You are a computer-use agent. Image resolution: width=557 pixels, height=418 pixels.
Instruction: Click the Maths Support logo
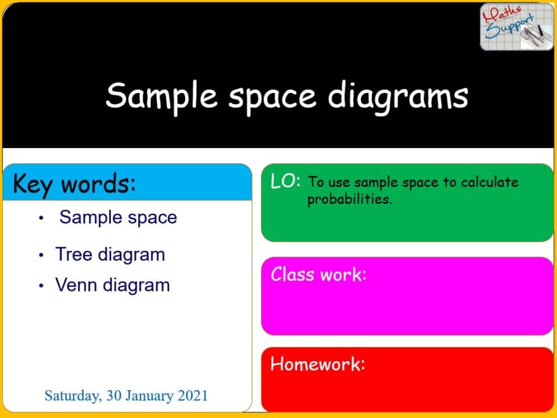(x=516, y=27)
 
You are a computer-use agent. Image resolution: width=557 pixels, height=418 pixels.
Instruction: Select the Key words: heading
(x=74, y=184)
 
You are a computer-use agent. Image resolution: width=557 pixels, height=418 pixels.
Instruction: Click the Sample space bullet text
(x=118, y=217)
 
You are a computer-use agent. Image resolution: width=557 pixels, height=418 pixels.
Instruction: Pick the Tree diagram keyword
(x=110, y=254)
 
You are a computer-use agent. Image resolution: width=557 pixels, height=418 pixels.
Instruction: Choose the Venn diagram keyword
(x=113, y=285)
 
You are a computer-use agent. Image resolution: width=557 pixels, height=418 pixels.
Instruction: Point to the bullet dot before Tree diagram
(x=41, y=255)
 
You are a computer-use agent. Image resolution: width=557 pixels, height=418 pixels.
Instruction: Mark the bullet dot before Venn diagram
(x=41, y=286)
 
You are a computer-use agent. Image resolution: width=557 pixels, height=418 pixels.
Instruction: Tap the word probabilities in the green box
(x=349, y=200)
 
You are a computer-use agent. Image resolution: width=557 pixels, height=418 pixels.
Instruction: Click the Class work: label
(x=319, y=274)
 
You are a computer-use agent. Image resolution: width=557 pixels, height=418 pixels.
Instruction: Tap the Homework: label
(x=317, y=364)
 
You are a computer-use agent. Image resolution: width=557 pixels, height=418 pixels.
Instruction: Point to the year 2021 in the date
(x=193, y=396)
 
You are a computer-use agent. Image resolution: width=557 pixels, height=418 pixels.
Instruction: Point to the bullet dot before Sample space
(x=41, y=218)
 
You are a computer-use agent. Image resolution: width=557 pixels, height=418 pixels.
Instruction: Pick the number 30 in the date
(x=113, y=396)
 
